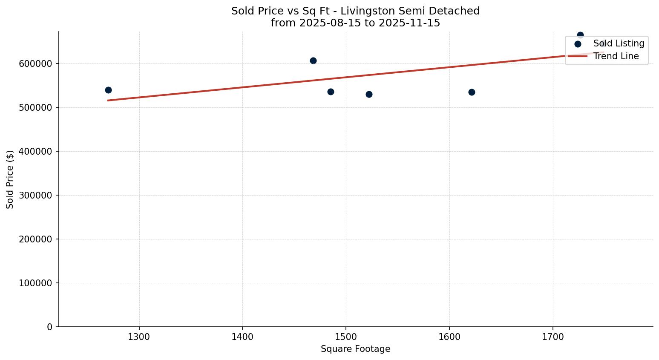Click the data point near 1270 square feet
click(108, 90)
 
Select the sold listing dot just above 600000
click(313, 60)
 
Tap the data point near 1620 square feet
click(472, 92)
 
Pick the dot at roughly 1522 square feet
click(369, 94)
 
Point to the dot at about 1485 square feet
click(331, 92)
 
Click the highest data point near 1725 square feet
click(580, 35)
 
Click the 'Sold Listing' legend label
click(619, 43)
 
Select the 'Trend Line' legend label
click(616, 56)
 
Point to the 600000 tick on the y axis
click(35, 63)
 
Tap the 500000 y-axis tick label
click(35, 107)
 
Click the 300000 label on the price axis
click(35, 195)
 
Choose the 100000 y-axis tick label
click(35, 283)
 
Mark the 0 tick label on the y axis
click(49, 327)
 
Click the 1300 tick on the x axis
click(139, 337)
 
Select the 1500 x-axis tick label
click(346, 337)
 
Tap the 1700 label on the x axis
click(553, 337)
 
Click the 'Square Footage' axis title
click(355, 349)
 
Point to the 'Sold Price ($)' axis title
click(10, 179)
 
